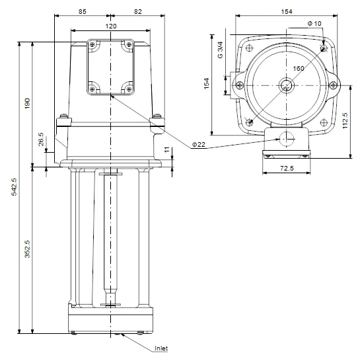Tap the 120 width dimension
point(110,25)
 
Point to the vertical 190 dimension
point(28,104)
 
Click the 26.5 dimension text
point(41,140)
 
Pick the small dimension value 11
point(166,152)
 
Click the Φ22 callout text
point(197,144)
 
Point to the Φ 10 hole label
point(314,23)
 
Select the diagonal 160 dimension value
point(299,69)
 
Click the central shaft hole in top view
point(287,85)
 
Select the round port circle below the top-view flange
point(287,139)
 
